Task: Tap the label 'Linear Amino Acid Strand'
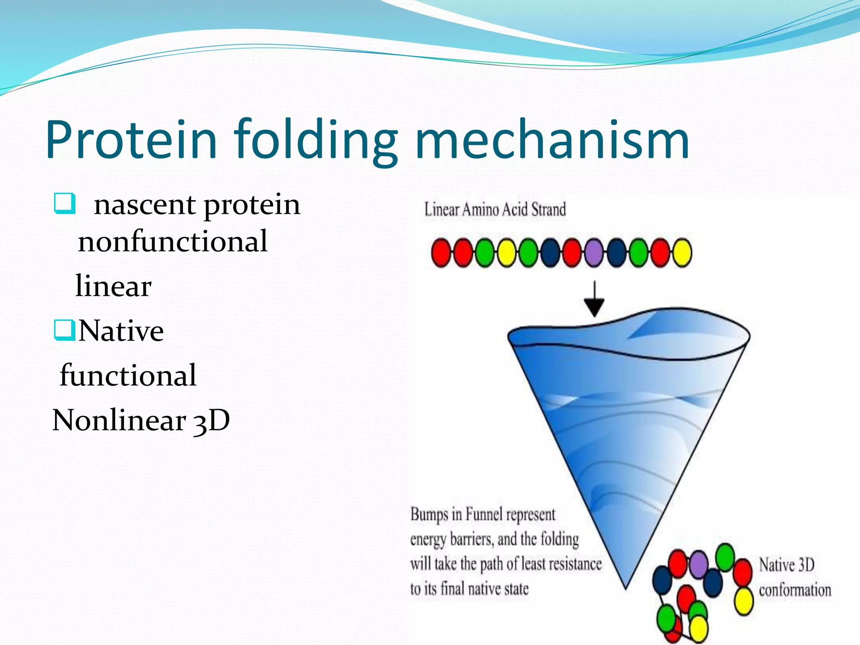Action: pyautogui.click(x=495, y=210)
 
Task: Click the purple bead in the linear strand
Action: pyautogui.click(x=594, y=252)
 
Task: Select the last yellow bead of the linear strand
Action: pyautogui.click(x=682, y=252)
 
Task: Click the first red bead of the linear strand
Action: pyautogui.click(x=441, y=252)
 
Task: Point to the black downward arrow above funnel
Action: pyautogui.click(x=594, y=299)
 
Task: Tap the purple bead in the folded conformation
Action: pyautogui.click(x=699, y=564)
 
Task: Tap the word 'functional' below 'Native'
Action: pyautogui.click(x=128, y=375)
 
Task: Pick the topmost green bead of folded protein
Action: pyautogui.click(x=725, y=556)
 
